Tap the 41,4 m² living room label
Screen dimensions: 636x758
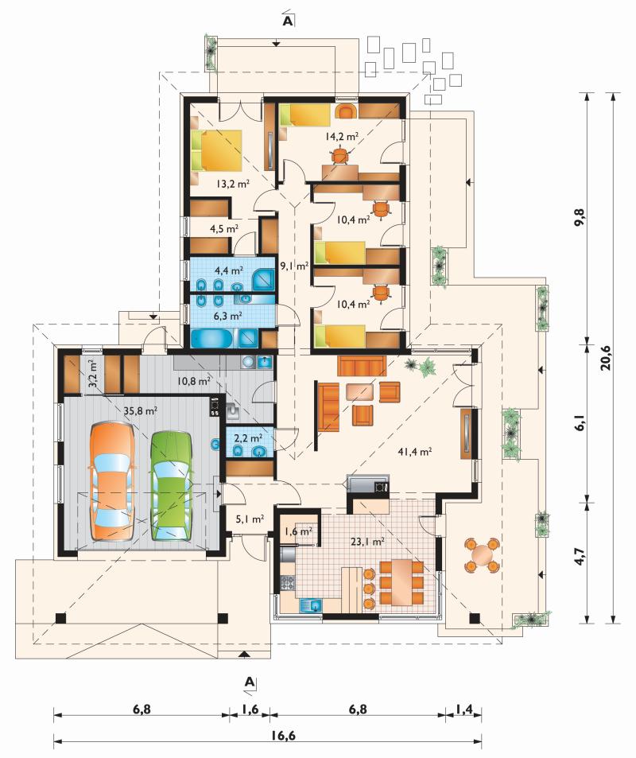click(x=415, y=452)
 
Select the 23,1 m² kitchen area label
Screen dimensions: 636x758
click(x=368, y=542)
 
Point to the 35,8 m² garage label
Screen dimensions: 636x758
click(x=141, y=411)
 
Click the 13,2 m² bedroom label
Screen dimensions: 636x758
click(x=232, y=183)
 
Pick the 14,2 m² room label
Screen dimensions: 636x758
click(x=341, y=136)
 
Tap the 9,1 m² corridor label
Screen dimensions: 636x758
click(x=294, y=266)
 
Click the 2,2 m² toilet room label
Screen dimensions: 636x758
click(x=248, y=438)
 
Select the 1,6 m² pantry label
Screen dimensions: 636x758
click(x=298, y=531)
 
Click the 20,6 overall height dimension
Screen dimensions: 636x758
click(x=605, y=358)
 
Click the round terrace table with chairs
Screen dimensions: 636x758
click(x=481, y=554)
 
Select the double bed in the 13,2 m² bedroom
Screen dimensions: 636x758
click(x=216, y=150)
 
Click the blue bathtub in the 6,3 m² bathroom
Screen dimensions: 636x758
click(x=211, y=338)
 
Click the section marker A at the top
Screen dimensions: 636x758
click(x=288, y=20)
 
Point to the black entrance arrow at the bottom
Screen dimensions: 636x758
click(x=244, y=655)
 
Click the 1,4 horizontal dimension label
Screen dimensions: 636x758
click(x=463, y=709)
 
